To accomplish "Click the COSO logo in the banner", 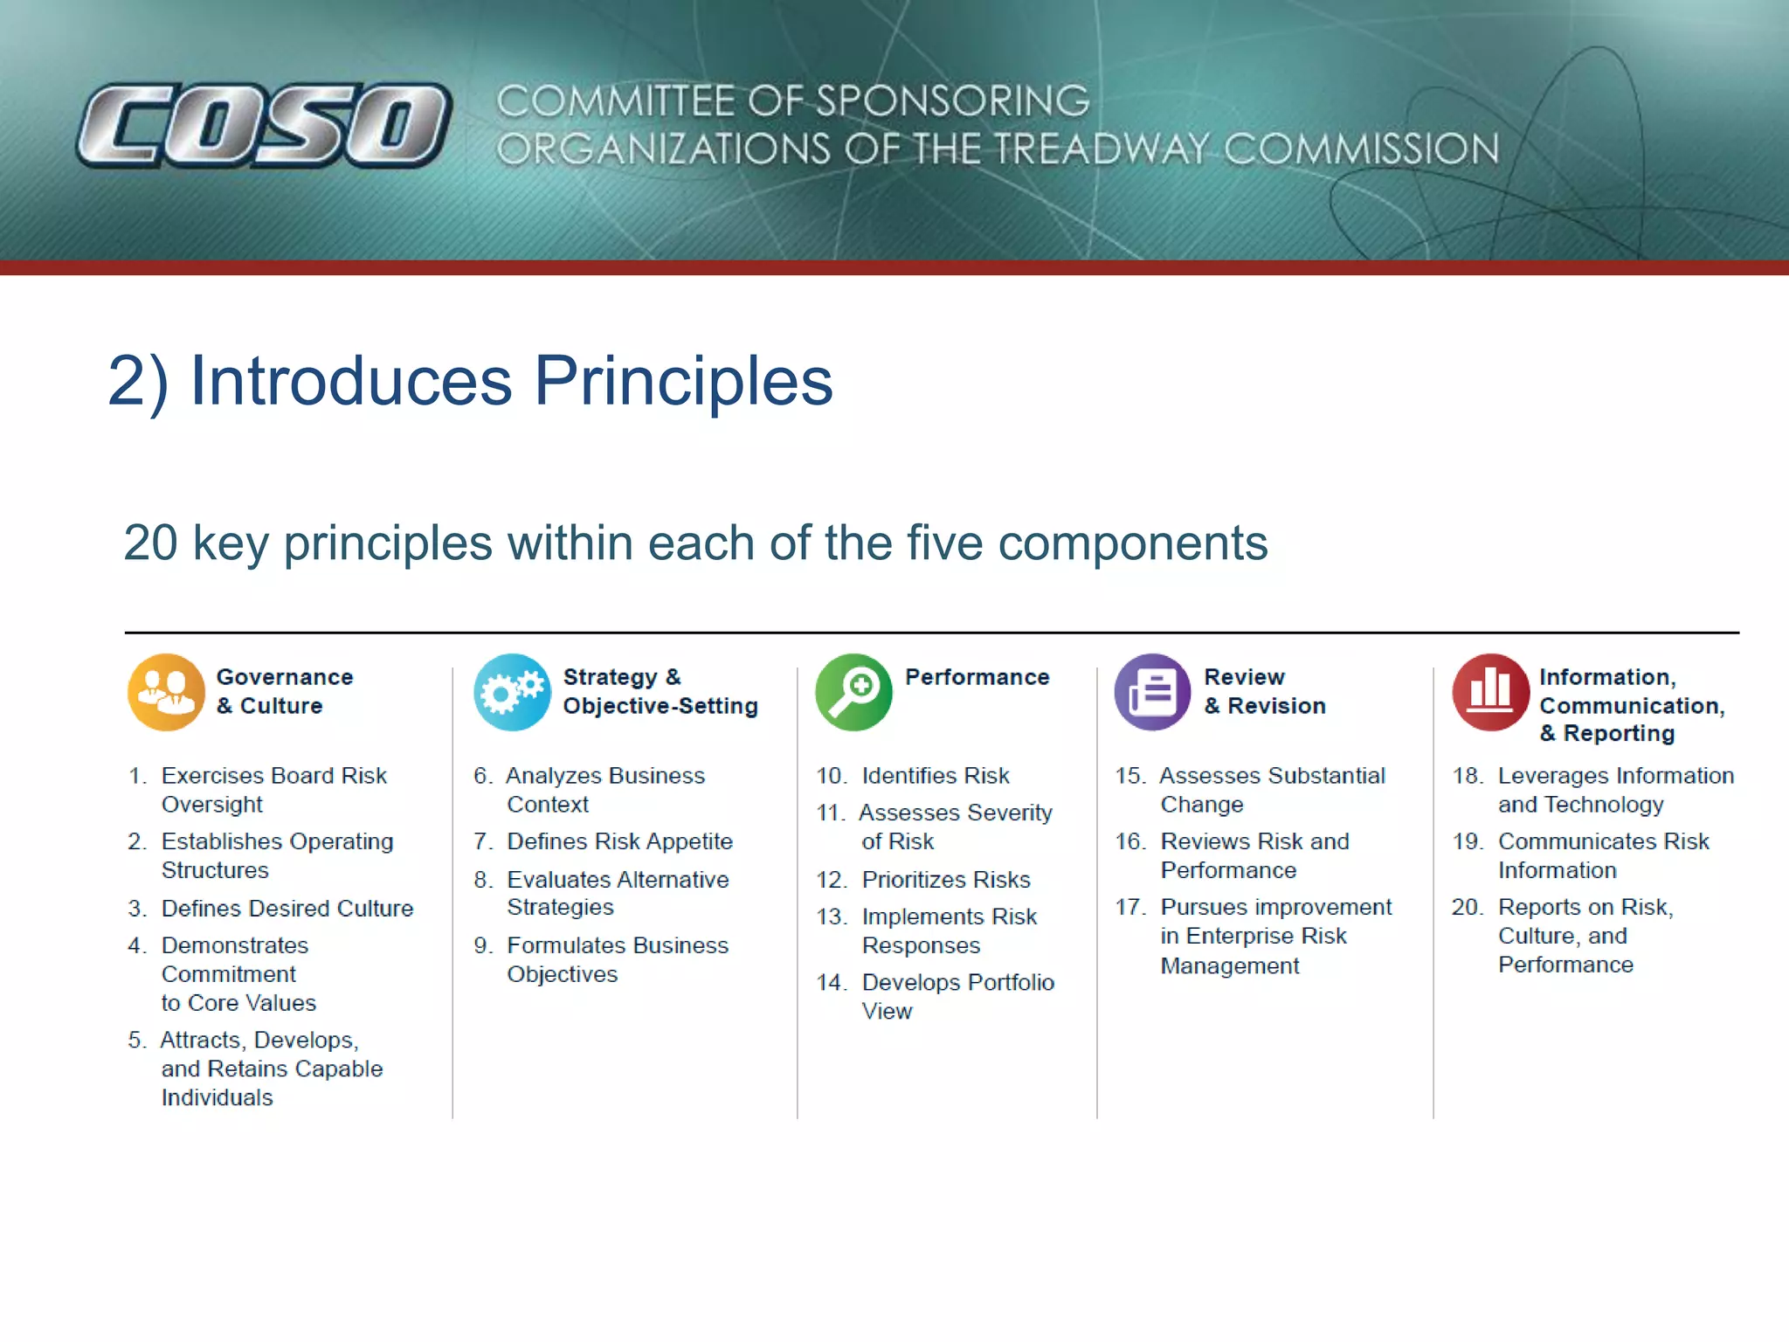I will [264, 125].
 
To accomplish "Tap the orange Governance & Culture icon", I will [166, 692].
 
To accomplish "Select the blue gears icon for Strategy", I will [513, 692].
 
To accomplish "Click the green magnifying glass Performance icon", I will [853, 692].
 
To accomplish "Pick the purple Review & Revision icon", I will [1152, 692].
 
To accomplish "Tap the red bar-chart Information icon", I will [1490, 692].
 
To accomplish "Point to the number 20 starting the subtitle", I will [150, 543].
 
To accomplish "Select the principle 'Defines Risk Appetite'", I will [618, 841].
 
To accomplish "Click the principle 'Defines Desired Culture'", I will [287, 909].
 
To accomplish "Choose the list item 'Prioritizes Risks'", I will [945, 879].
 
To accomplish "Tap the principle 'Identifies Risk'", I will [935, 776].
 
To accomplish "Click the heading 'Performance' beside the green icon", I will [977, 677].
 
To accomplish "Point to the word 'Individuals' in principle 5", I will [217, 1097].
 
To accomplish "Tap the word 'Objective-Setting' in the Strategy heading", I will [660, 706].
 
